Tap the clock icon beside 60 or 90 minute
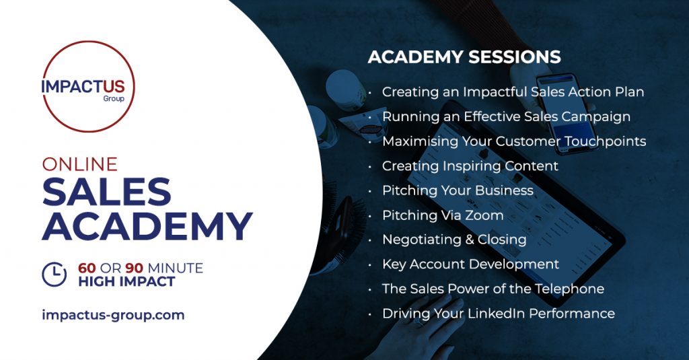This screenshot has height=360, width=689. (x=54, y=275)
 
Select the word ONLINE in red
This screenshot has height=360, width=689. (x=80, y=164)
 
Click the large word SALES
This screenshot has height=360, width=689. (x=107, y=192)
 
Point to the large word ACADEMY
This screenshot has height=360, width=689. (x=147, y=226)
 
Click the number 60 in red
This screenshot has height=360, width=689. (x=87, y=268)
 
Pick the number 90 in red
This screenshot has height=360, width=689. (x=135, y=268)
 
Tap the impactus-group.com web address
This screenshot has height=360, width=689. (x=113, y=315)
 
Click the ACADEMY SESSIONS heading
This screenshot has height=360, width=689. (x=464, y=57)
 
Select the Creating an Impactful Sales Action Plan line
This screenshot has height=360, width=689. (x=513, y=92)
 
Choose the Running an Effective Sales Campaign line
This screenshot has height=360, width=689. (x=506, y=116)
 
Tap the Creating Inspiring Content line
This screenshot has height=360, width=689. (x=470, y=166)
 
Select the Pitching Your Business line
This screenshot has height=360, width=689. (x=458, y=191)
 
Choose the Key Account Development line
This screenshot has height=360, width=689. (x=470, y=264)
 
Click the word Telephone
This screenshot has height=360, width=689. (x=569, y=289)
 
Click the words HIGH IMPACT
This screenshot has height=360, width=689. (x=126, y=282)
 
